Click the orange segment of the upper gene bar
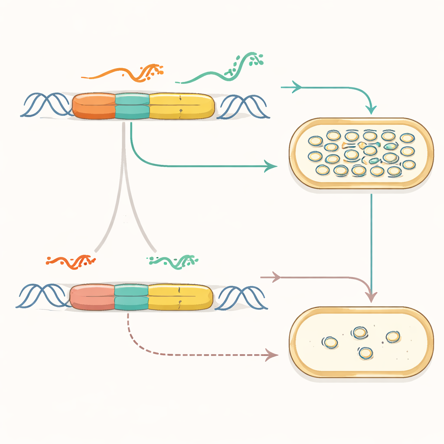click(94, 106)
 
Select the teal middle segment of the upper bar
click(132, 106)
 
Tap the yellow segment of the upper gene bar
click(181, 106)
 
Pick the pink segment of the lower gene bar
click(92, 297)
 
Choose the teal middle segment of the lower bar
click(131, 297)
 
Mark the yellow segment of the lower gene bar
click(180, 297)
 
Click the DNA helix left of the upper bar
click(46, 105)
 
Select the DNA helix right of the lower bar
click(241, 297)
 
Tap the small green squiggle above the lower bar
click(173, 261)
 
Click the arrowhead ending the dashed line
click(272, 355)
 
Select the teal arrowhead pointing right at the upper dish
click(271, 166)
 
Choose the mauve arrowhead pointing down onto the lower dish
click(371, 297)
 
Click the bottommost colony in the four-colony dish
click(365, 353)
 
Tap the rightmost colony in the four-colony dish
click(392, 337)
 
